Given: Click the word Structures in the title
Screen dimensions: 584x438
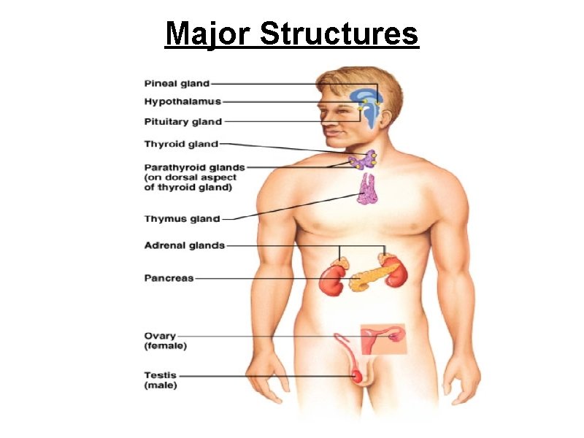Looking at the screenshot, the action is click(x=339, y=34).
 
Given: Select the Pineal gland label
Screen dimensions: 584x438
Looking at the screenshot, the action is click(x=177, y=84).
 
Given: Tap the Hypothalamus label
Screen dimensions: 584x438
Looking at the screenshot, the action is click(x=182, y=101).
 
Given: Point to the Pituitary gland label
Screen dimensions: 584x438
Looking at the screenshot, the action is click(x=182, y=121).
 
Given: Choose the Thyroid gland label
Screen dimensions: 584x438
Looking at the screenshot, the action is click(x=181, y=144).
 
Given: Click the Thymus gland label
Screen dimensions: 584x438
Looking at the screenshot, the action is click(x=182, y=218).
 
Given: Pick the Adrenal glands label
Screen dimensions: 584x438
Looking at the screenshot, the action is click(x=185, y=245).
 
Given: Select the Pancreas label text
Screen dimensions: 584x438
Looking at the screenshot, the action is click(x=169, y=277).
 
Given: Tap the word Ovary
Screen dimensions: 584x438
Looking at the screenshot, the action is click(x=160, y=336).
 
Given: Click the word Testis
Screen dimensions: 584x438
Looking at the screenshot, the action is click(x=160, y=375).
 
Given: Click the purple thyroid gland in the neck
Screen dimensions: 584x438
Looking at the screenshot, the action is click(x=363, y=161).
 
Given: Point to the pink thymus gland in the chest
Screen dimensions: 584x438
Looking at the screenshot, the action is click(x=366, y=189).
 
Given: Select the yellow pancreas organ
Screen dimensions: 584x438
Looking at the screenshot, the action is click(x=373, y=277).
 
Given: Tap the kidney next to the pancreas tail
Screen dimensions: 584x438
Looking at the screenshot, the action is click(x=396, y=274).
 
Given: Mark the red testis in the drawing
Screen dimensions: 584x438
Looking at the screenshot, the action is click(x=357, y=375).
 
